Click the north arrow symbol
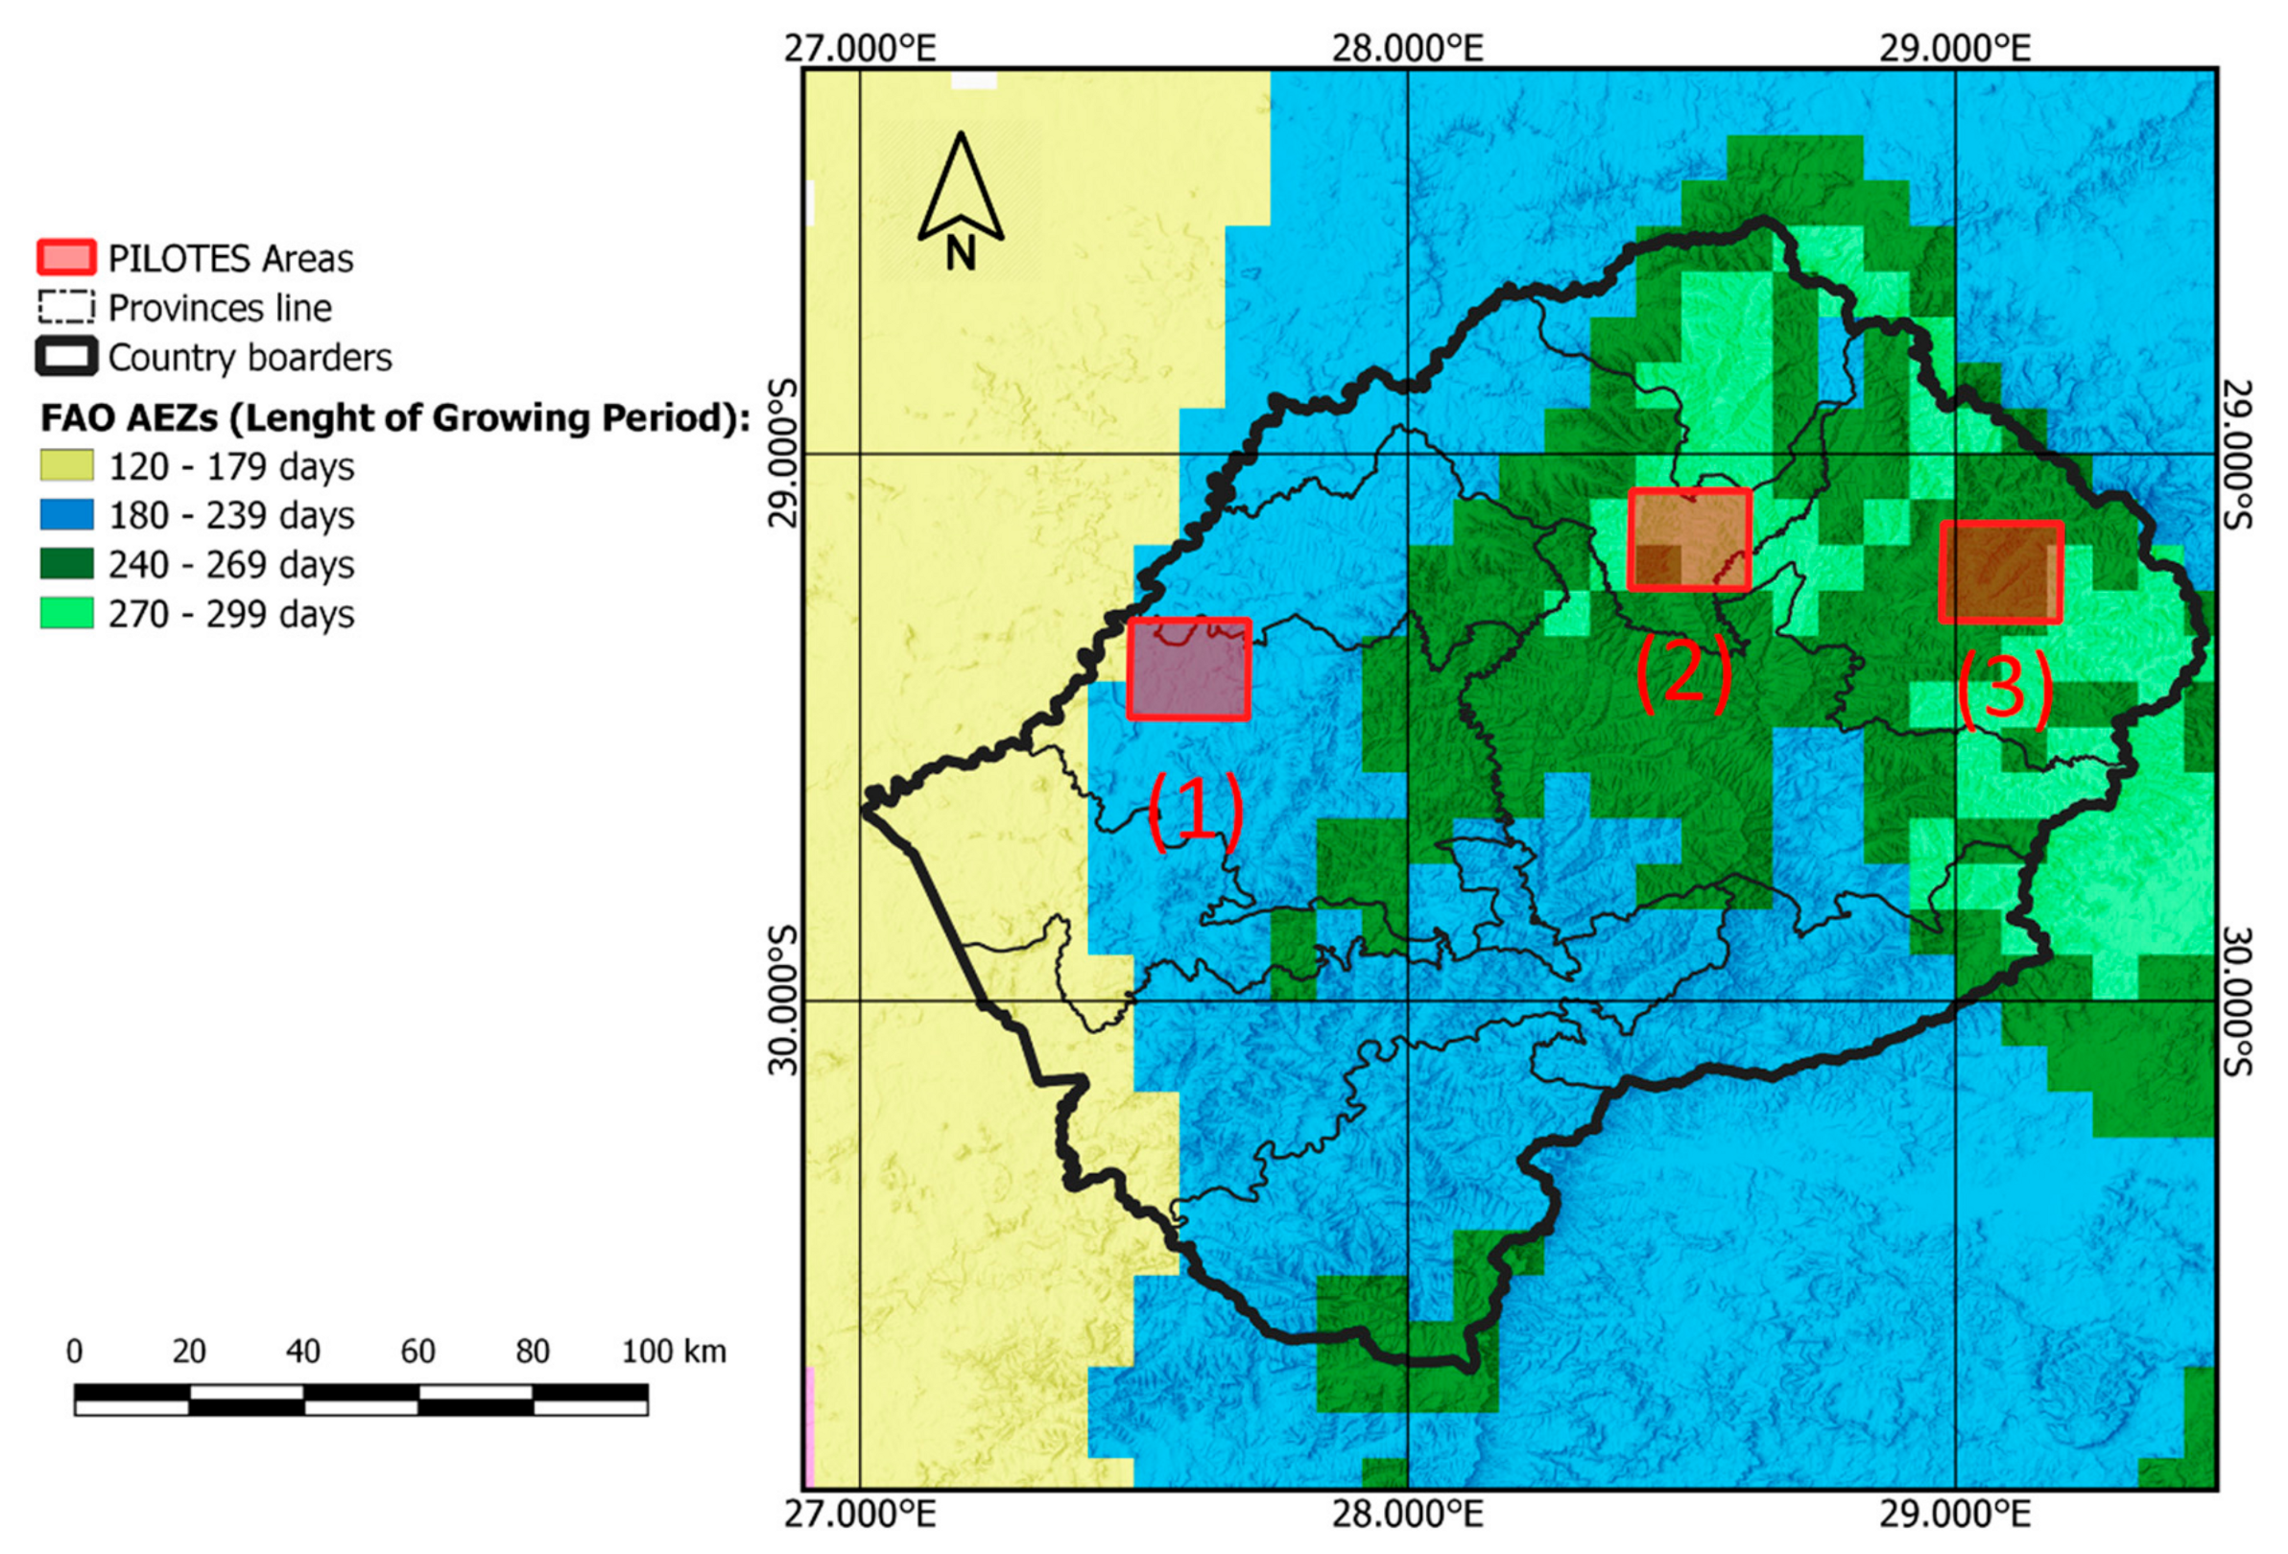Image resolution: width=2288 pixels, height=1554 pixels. pyautogui.click(x=960, y=200)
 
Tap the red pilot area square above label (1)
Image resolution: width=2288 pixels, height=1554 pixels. pyautogui.click(x=1188, y=669)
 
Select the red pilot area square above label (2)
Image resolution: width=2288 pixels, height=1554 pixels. pyautogui.click(x=1688, y=539)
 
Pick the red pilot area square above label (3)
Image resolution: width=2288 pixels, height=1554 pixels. pyautogui.click(x=2000, y=572)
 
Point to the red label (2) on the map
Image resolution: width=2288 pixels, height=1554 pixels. pyautogui.click(x=1682, y=672)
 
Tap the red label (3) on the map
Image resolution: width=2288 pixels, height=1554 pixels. pyautogui.click(x=2004, y=689)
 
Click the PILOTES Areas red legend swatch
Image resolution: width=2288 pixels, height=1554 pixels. pyautogui.click(x=66, y=258)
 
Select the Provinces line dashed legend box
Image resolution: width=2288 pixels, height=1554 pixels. pyautogui.click(x=66, y=307)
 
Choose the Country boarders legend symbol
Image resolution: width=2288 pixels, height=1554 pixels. pyautogui.click(x=66, y=356)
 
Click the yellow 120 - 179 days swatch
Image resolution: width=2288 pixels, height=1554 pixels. pyautogui.click(x=66, y=465)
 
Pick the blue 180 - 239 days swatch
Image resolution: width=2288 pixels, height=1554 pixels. pyautogui.click(x=66, y=515)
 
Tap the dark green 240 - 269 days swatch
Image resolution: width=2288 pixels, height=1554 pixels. pyautogui.click(x=66, y=564)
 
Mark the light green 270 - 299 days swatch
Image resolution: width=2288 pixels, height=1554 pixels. pyautogui.click(x=66, y=613)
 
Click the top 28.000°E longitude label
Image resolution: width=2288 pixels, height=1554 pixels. pyautogui.click(x=1407, y=46)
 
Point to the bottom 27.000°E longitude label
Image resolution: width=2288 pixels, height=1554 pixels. pyautogui.click(x=860, y=1515)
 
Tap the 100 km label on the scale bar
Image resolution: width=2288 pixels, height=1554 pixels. pyautogui.click(x=674, y=1352)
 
